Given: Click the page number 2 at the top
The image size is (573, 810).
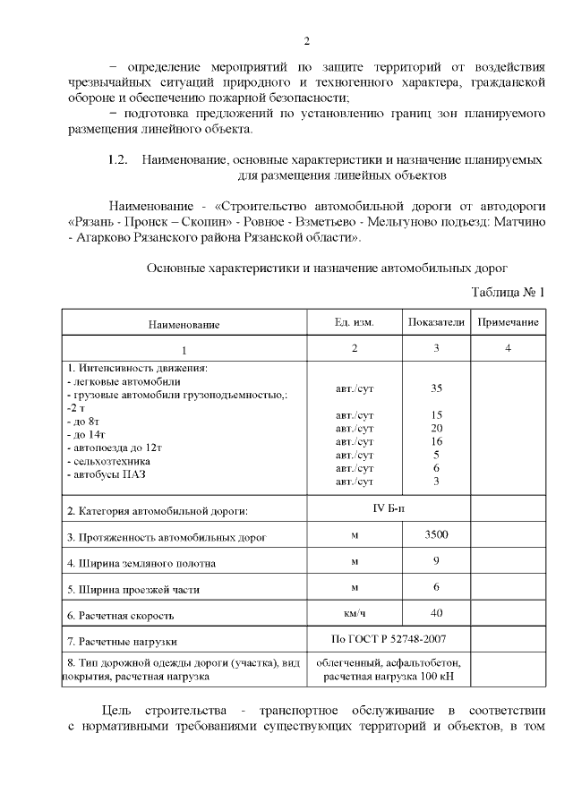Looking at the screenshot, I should tap(306, 41).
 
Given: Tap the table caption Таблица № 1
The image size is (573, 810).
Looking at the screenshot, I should tap(508, 293).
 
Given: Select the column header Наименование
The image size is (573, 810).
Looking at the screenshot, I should tap(184, 324).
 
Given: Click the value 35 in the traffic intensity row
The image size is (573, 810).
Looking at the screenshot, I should tap(436, 388).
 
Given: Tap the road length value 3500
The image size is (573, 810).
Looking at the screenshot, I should tap(436, 535).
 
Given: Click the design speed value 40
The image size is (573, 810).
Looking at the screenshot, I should tap(436, 614).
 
